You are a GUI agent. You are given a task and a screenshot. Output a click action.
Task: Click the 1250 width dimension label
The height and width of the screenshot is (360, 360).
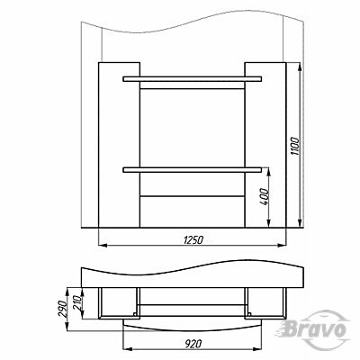193,240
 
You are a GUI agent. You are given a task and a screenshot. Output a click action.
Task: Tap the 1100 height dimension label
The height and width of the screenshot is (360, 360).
295,146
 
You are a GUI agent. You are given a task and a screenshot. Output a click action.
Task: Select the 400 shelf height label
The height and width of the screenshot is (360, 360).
265,197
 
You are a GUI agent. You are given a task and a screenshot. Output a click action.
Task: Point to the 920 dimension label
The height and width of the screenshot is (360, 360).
193,343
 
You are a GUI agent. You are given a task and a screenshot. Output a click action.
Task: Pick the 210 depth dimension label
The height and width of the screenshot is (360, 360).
77,303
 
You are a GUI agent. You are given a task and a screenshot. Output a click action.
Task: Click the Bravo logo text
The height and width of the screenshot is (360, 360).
313,330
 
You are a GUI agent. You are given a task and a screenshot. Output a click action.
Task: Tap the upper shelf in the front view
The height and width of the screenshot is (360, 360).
192,79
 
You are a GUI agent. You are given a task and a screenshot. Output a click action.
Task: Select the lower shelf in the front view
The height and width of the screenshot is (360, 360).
192,170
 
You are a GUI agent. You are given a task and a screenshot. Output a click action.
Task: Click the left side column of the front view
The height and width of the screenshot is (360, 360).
120,145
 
